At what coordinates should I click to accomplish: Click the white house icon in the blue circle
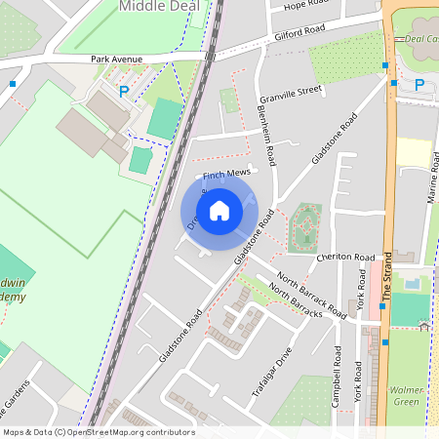tap(219, 210)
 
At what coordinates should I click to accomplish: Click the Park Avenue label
tap(117, 60)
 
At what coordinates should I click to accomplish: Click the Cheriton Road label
tap(345, 258)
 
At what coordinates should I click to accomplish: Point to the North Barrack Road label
tap(311, 296)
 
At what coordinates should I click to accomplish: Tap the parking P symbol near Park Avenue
tap(123, 91)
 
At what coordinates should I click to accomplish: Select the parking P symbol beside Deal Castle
tap(419, 85)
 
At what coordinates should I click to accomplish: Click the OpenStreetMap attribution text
tap(98, 432)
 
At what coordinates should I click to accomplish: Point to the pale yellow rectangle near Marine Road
tap(414, 152)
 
